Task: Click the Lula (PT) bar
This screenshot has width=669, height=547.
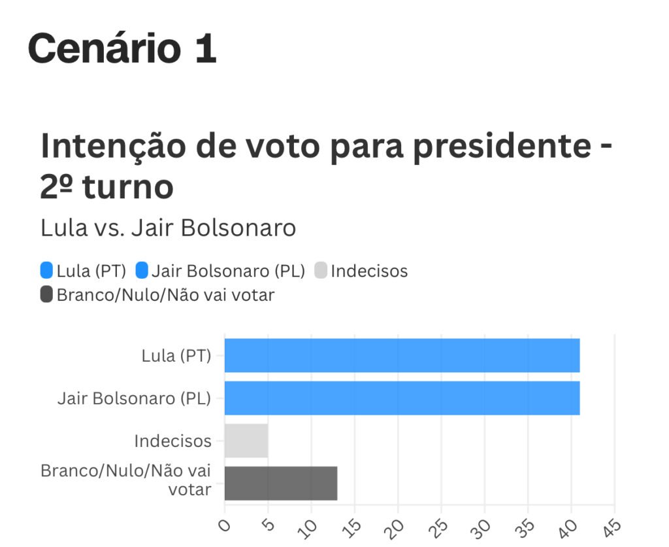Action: [x=402, y=355]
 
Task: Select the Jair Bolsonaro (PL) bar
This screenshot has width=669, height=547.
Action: [x=402, y=398]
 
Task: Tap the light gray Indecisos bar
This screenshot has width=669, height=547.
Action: [x=246, y=440]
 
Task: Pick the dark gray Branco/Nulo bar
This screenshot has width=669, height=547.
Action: [x=281, y=483]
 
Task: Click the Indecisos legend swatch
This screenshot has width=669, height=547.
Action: [x=321, y=271]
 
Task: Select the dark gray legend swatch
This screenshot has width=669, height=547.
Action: [x=46, y=294]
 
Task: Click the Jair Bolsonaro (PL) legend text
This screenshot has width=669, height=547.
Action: [x=228, y=271]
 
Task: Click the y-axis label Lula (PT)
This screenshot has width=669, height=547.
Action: [x=176, y=356]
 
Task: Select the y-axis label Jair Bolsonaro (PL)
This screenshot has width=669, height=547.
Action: [x=134, y=398]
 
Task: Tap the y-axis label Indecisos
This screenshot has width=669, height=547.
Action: [x=172, y=441]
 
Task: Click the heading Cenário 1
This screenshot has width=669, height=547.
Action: [x=122, y=49]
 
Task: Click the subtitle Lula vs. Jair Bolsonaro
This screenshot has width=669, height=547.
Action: [x=168, y=228]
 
